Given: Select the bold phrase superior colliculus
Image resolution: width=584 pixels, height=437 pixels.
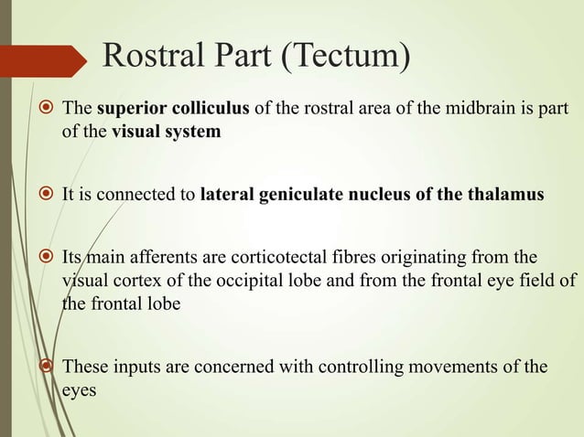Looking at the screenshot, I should (172, 112).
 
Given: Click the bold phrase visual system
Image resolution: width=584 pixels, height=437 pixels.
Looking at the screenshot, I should (166, 132).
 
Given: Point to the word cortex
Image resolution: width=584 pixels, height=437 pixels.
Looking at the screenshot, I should (143, 280).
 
